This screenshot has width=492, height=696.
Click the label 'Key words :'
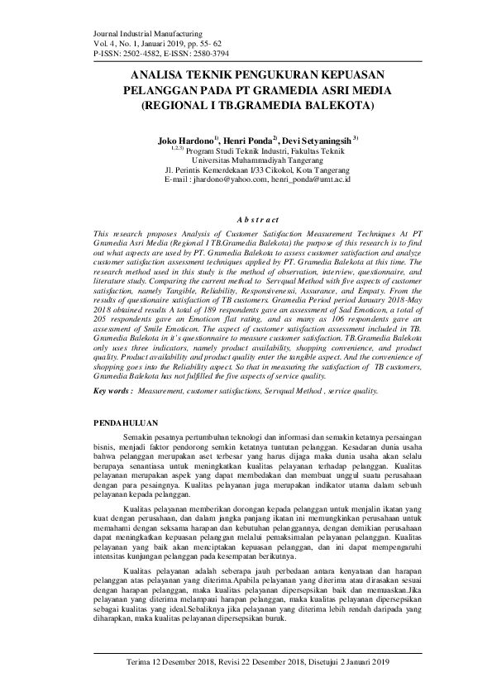coord(114,366)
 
